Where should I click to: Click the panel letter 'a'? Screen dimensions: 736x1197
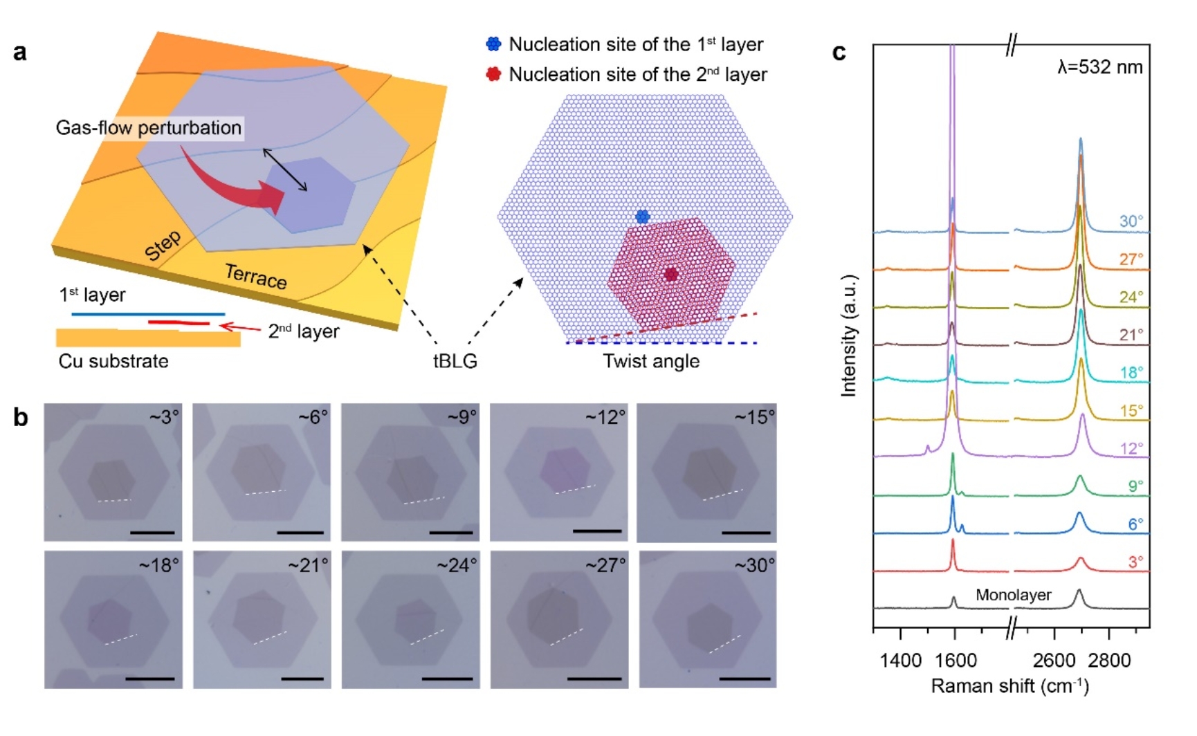click(20, 52)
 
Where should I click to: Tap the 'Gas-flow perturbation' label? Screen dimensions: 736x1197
click(149, 128)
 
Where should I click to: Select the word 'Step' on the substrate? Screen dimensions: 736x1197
click(163, 246)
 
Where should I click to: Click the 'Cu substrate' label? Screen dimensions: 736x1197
click(113, 361)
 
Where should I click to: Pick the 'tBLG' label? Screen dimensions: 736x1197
click(455, 361)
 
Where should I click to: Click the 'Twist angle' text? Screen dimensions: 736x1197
click(651, 361)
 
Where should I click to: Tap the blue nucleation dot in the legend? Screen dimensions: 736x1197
click(493, 44)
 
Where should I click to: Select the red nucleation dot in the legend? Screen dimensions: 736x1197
click(493, 74)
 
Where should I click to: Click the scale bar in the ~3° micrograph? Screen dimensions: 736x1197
click(152, 533)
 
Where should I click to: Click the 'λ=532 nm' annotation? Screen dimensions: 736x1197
click(1099, 67)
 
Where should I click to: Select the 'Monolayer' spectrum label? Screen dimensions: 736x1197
click(1013, 595)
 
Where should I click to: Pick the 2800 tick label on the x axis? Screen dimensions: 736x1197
click(1109, 660)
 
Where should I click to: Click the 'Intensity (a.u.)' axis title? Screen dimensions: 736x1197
click(849, 335)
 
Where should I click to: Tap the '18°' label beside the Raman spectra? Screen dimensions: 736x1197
click(1131, 372)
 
